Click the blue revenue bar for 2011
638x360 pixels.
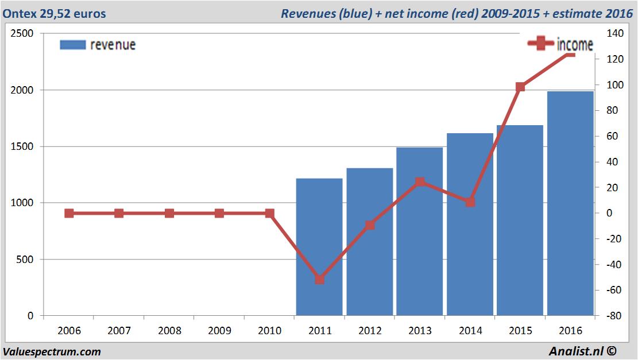(319, 247)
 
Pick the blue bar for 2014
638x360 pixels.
(470, 224)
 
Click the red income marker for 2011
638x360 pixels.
(320, 280)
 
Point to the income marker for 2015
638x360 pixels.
(520, 87)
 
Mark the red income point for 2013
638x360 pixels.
(420, 182)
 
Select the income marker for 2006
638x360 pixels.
(69, 213)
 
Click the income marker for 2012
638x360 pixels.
(370, 225)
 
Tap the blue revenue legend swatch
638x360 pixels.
(73, 45)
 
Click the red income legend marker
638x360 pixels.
(541, 44)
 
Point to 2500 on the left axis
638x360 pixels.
(22, 34)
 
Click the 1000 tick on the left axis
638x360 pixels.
(22, 203)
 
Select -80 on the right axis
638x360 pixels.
(613, 316)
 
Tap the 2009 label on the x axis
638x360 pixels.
(219, 331)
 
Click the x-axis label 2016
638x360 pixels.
(570, 331)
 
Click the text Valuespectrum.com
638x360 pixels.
(52, 351)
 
